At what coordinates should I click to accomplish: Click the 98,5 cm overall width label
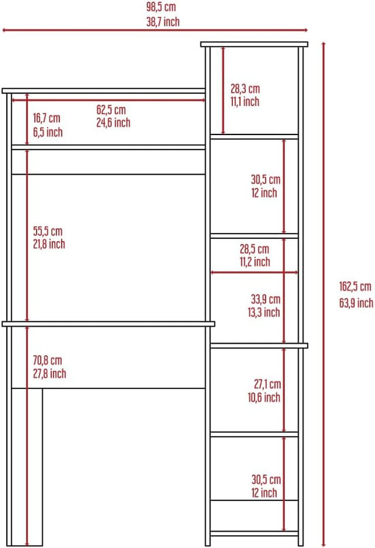tap(161, 7)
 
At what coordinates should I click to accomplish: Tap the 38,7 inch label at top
tap(163, 22)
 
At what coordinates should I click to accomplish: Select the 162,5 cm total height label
tap(355, 287)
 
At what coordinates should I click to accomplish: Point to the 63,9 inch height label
tap(356, 303)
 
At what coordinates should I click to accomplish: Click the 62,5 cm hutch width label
tap(111, 110)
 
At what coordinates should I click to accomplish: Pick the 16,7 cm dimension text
tap(46, 117)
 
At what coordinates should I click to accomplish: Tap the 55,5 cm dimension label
tap(48, 231)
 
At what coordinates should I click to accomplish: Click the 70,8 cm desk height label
tap(47, 360)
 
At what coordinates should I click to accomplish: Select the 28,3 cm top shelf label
tap(245, 88)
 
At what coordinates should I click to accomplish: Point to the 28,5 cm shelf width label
tap(255, 249)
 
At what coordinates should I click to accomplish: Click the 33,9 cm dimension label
tap(266, 299)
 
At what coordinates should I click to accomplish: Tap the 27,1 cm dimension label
tap(268, 384)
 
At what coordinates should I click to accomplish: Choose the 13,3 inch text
tap(264, 312)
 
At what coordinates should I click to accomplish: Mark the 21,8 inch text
tap(49, 244)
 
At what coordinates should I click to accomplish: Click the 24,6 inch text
tap(113, 123)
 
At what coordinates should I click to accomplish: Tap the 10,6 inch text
tap(264, 397)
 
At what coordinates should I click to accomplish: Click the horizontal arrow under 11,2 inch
tap(255, 272)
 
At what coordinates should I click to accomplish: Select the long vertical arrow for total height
tap(323, 294)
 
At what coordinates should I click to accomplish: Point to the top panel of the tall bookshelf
tap(255, 44)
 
